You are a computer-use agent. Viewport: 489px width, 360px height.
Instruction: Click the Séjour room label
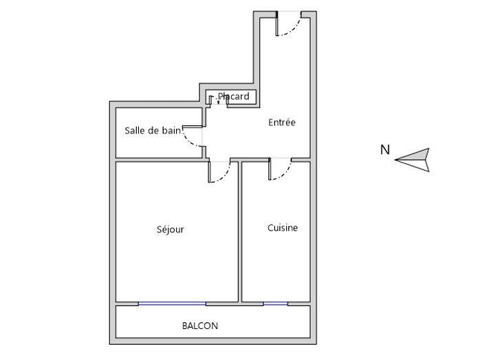click(x=170, y=230)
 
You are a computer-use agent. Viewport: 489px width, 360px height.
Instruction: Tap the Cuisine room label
click(x=283, y=228)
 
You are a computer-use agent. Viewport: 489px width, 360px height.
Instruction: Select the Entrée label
click(x=281, y=123)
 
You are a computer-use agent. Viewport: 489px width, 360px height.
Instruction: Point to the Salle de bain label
click(x=152, y=130)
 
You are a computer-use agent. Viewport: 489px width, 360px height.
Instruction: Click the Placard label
click(x=234, y=97)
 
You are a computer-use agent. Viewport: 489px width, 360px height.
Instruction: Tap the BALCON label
click(x=200, y=326)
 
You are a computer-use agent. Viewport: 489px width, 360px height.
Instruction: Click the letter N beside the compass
click(x=385, y=149)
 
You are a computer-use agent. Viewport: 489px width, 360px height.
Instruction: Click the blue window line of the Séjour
click(x=172, y=303)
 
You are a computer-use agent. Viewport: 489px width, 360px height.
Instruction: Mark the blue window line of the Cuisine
click(x=275, y=303)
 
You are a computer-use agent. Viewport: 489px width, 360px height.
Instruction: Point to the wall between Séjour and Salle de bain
click(x=158, y=160)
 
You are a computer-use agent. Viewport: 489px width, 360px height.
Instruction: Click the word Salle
click(x=135, y=130)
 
